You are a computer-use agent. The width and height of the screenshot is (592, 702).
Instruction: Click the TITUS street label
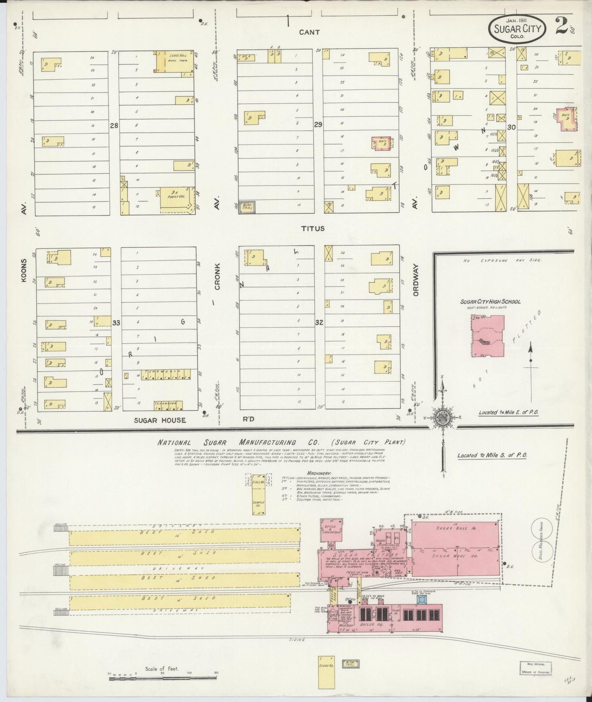tap(313, 229)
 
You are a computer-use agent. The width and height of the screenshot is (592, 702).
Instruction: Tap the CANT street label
tap(309, 32)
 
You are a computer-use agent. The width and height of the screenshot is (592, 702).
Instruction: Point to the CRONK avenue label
tap(217, 277)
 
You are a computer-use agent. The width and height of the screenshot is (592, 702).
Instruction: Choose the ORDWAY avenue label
tap(416, 279)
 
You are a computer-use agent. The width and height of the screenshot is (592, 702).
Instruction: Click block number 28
tap(114, 126)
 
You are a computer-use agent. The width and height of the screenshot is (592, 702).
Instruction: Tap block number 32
tap(319, 322)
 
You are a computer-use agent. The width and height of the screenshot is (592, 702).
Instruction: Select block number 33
tap(116, 323)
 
